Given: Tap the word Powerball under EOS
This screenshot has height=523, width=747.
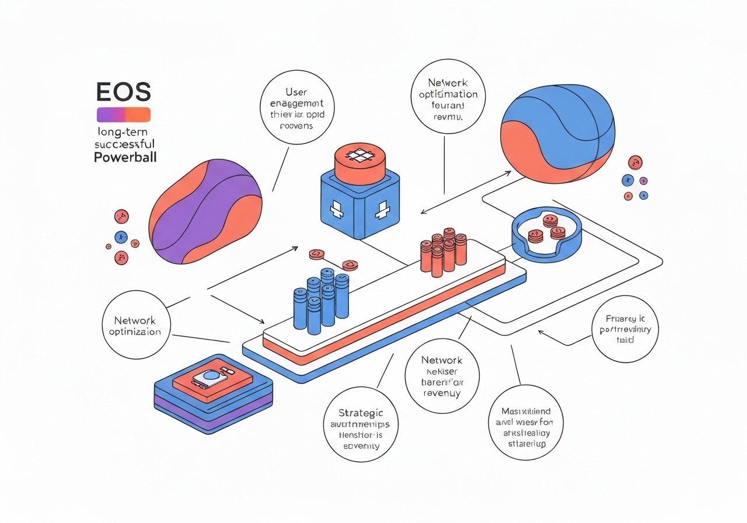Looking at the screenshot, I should click(x=125, y=158).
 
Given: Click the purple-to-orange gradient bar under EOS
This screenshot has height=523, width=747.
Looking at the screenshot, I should click(x=123, y=114).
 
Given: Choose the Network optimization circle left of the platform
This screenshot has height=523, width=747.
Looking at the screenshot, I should click(x=136, y=326).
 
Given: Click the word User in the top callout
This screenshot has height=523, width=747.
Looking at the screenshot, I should click(x=296, y=92).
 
